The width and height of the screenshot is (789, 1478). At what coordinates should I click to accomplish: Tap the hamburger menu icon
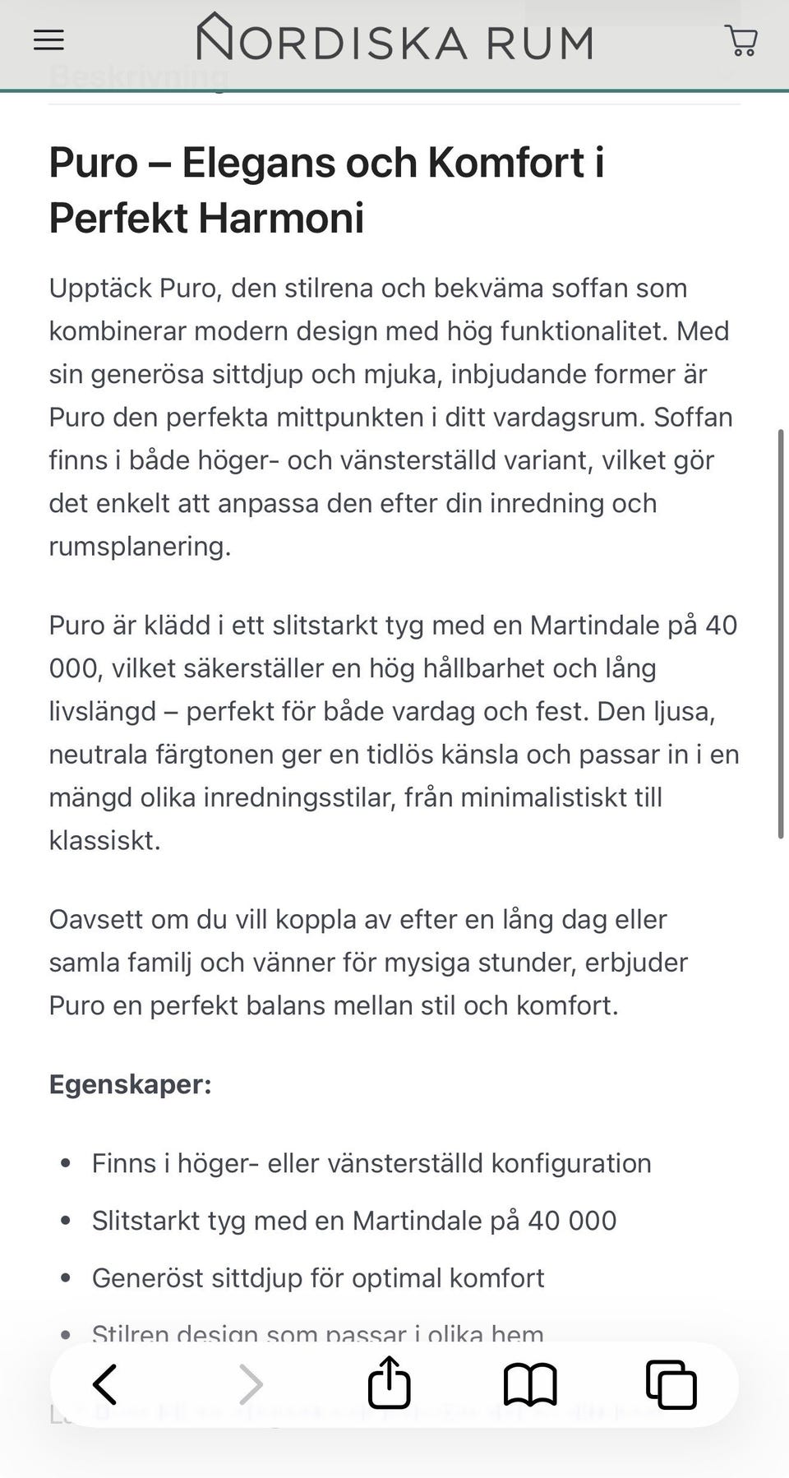point(48,40)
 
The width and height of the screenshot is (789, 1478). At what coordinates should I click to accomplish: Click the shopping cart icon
point(741,40)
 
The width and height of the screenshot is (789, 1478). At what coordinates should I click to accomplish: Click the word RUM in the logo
point(539,43)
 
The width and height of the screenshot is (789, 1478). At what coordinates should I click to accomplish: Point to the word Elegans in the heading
point(299,163)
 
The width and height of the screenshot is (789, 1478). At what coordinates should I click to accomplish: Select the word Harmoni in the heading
point(281,219)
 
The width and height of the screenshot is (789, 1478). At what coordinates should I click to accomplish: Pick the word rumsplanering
point(139,547)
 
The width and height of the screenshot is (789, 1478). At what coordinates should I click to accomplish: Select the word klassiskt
point(104,841)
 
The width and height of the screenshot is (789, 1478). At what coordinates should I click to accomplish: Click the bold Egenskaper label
point(130,1084)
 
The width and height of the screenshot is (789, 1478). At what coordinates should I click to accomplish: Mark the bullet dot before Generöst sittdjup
point(67,1278)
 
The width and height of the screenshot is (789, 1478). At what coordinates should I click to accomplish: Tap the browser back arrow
point(105,1384)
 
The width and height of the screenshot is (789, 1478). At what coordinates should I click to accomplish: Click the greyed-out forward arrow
point(251,1384)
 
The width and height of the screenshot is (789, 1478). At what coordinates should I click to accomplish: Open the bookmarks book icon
point(530,1384)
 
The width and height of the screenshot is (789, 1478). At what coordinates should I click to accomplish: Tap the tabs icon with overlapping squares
point(671,1384)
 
